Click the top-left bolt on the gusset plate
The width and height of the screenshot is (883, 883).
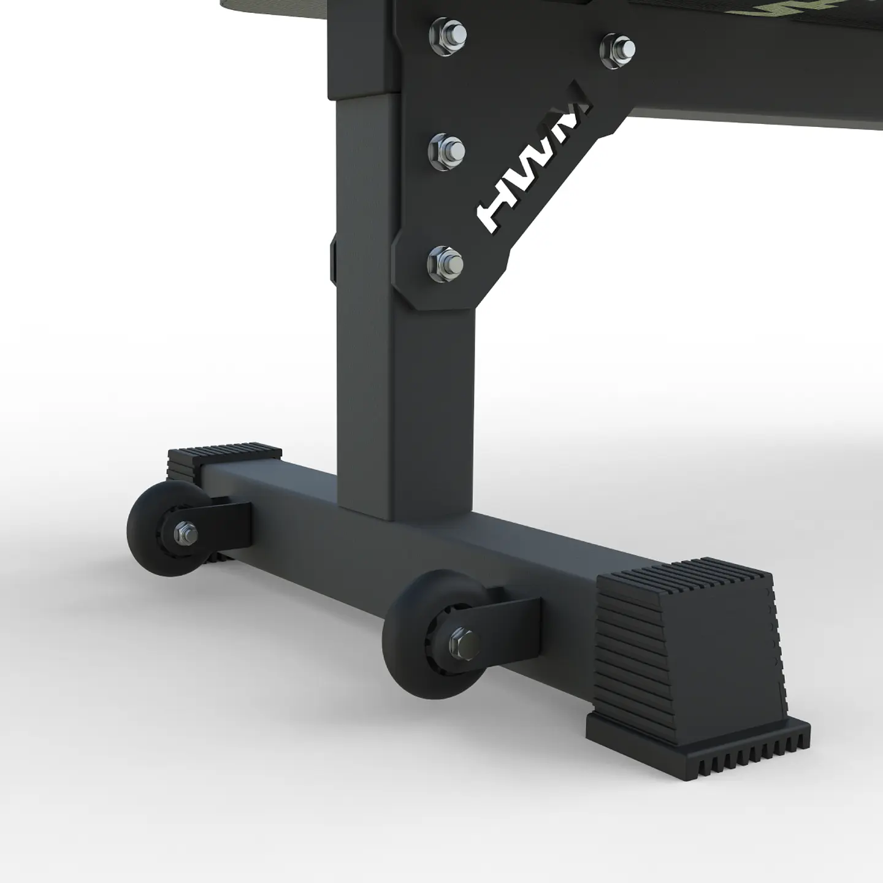448,32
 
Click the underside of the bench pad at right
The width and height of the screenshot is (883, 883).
736,117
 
